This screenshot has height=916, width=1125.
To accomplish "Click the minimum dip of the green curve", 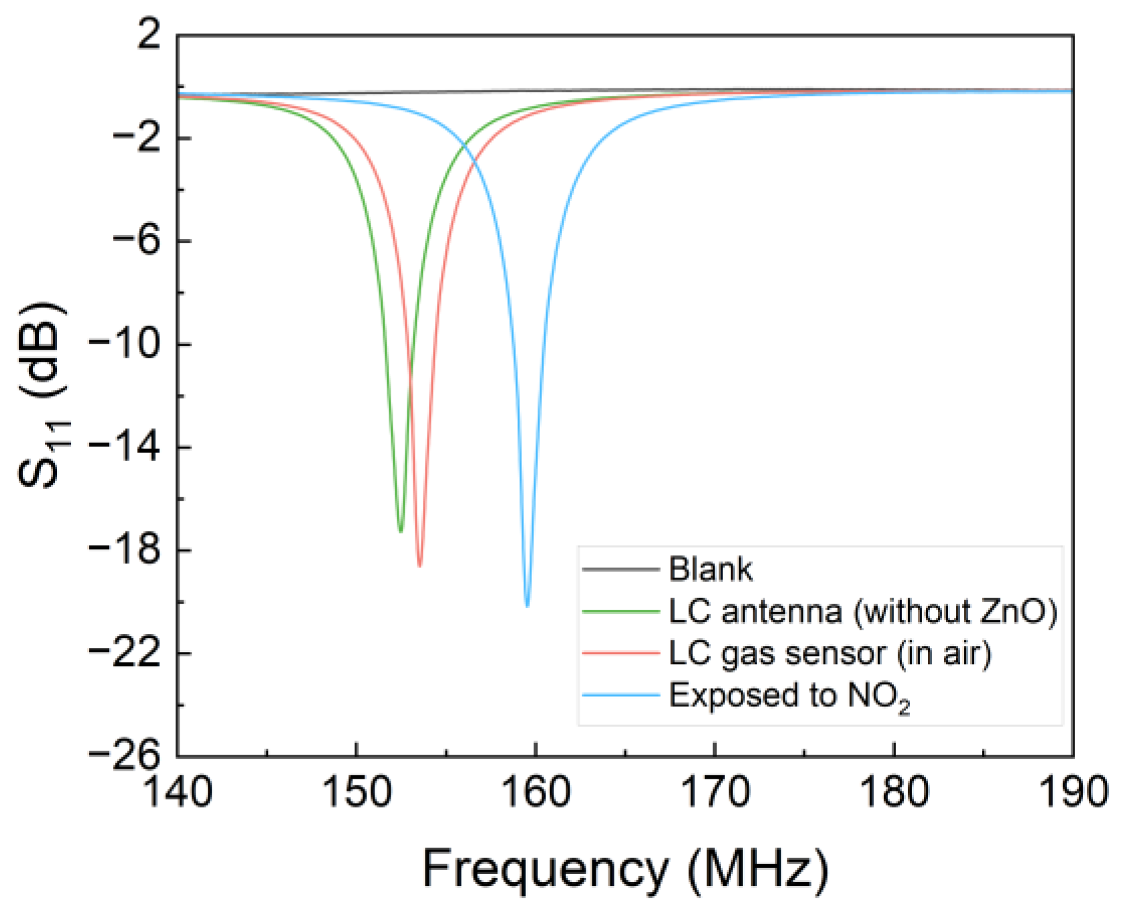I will [x=401, y=531].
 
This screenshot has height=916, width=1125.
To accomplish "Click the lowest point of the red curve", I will [x=419, y=566].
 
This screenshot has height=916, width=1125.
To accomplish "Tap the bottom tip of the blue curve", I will [x=527, y=606].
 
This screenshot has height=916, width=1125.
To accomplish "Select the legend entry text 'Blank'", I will [x=710, y=570].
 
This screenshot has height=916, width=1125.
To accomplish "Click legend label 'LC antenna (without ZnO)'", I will [x=862, y=611].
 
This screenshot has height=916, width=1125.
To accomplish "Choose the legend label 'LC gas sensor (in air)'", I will [x=830, y=653].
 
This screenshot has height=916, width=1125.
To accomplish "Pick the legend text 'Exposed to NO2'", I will [x=789, y=696].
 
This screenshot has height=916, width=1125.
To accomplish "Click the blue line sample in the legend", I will [x=620, y=696].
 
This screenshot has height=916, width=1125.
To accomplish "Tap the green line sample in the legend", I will [x=620, y=611].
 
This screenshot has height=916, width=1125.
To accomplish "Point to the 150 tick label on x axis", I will [x=356, y=793].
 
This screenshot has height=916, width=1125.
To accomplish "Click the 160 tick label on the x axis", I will [x=535, y=793].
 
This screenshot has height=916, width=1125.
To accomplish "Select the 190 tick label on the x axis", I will [x=1072, y=793].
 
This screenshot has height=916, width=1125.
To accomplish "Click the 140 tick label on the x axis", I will [x=178, y=793].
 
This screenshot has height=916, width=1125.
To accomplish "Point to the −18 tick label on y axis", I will [x=125, y=550].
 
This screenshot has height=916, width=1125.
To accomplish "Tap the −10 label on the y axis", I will [x=125, y=344].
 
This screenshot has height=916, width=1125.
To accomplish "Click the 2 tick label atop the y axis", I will [x=149, y=35].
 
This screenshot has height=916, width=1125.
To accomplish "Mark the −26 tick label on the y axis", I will [x=125, y=756].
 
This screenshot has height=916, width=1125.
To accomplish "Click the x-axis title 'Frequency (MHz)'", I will [x=625, y=868].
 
